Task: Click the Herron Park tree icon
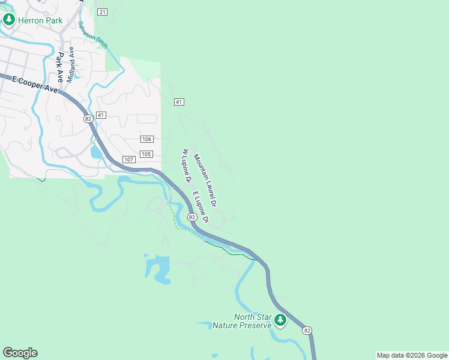tap(8, 20)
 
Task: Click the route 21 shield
tap(102, 12)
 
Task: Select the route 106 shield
tap(146, 139)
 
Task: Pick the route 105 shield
tap(146, 154)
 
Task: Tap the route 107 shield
tap(128, 159)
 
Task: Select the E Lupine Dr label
tap(200, 208)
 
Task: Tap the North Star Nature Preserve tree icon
tap(280, 320)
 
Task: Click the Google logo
tap(20, 353)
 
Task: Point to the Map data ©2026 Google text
tap(412, 355)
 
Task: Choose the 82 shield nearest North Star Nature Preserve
tap(307, 331)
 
